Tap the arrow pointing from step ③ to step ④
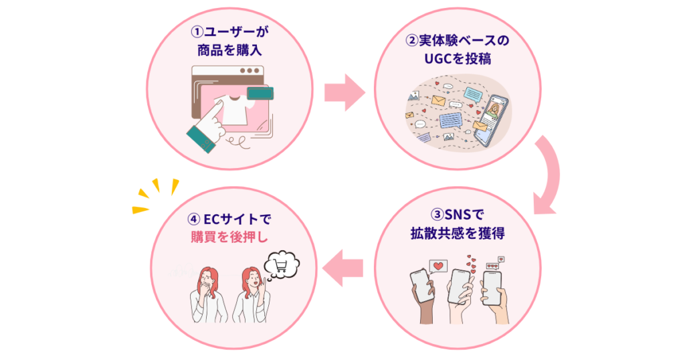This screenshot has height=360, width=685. (x=343, y=267)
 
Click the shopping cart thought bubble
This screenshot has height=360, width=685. (x=281, y=265)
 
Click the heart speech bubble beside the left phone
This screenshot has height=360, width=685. (x=437, y=268)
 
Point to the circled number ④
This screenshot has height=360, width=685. (x=193, y=219)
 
